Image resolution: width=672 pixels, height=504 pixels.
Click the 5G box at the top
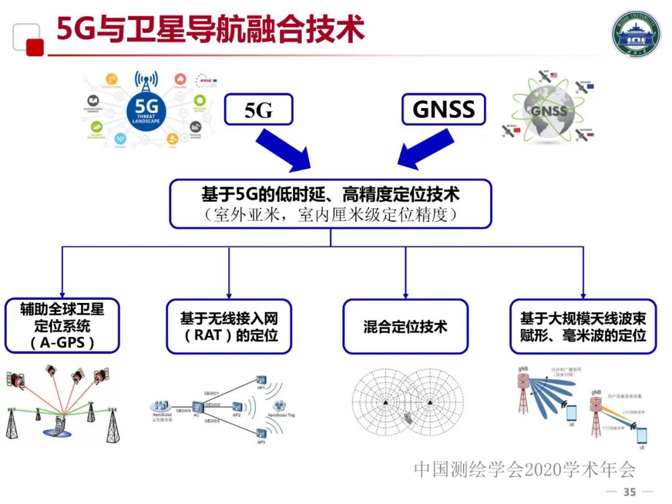[258, 110]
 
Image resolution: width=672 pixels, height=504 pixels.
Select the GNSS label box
[443, 110]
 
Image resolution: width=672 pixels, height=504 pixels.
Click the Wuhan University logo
[636, 35]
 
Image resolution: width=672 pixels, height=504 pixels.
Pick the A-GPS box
[62, 326]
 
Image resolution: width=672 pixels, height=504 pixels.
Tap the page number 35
[630, 492]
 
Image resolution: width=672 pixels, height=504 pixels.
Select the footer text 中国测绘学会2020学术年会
[525, 469]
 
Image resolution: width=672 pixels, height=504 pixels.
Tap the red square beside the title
[35, 47]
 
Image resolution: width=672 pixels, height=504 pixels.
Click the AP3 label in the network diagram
[261, 442]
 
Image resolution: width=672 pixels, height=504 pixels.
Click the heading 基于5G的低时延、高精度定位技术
[330, 195]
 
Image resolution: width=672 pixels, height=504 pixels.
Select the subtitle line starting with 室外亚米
[330, 215]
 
